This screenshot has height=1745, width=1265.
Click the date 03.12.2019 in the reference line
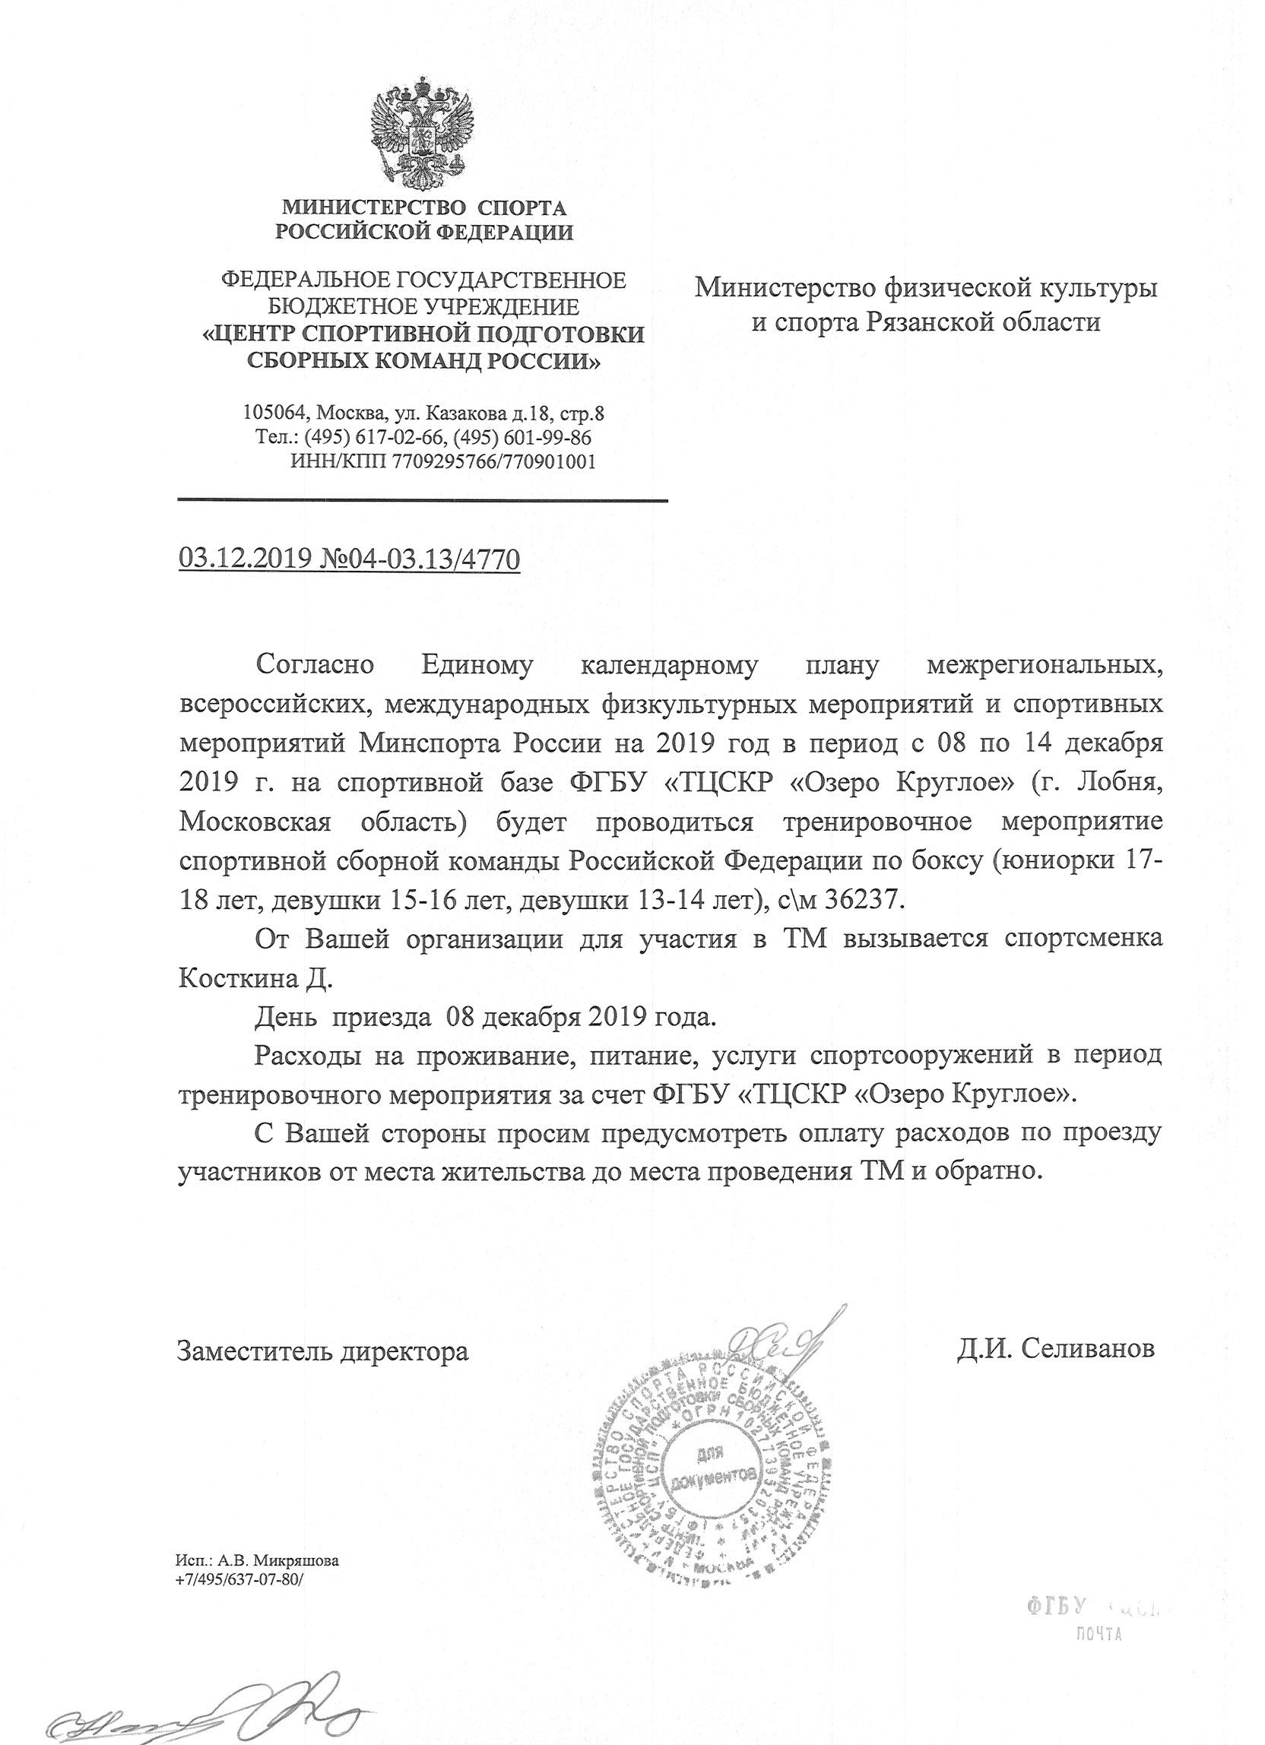(243, 559)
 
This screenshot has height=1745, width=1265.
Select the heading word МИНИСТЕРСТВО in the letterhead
(376, 207)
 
